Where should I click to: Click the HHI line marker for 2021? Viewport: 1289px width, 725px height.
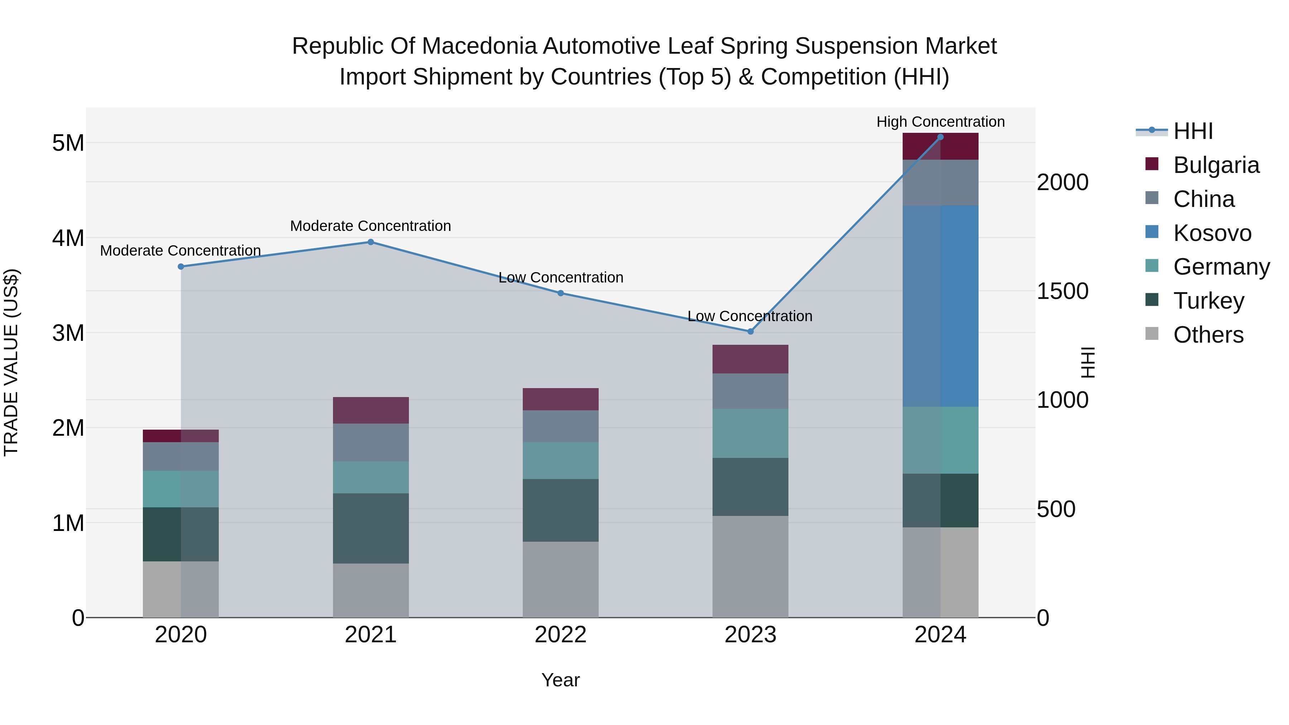point(371,242)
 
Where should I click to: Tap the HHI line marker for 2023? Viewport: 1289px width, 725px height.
point(750,332)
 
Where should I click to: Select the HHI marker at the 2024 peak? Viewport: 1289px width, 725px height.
point(940,137)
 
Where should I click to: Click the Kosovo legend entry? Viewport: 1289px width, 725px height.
point(1212,233)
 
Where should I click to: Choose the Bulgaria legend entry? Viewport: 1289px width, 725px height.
point(1216,165)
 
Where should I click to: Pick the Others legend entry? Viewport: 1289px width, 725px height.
point(1208,335)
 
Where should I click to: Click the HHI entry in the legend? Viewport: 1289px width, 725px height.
point(1193,131)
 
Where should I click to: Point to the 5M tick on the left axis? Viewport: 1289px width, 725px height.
point(68,143)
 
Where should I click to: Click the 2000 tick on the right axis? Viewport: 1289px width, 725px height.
point(1062,182)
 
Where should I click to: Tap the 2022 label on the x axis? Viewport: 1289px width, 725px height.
point(560,635)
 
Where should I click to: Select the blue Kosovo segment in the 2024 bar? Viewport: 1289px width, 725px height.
point(940,306)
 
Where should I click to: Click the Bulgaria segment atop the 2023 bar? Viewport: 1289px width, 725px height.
point(750,359)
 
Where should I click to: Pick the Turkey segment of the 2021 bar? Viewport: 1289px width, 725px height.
point(371,528)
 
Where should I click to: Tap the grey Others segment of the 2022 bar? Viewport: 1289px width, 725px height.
point(560,579)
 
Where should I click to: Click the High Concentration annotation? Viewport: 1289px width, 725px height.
point(940,122)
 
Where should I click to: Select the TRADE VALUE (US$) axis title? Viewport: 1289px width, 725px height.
point(11,362)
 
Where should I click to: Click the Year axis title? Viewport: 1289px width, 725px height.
point(560,680)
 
